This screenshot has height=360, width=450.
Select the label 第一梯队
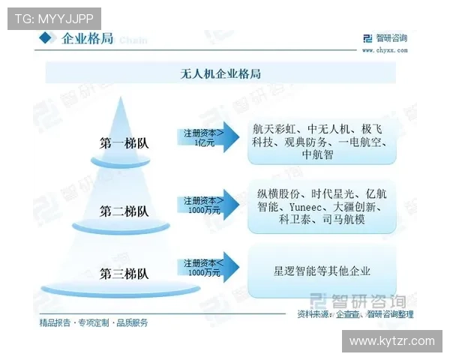(x=124, y=142)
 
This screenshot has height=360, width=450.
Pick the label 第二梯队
(x=124, y=211)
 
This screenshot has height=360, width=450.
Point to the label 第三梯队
(x=124, y=273)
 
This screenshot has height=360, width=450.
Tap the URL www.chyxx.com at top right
(x=385, y=52)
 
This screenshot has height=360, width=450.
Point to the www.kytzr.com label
(x=392, y=341)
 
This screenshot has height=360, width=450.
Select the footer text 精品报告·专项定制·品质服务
(x=94, y=323)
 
